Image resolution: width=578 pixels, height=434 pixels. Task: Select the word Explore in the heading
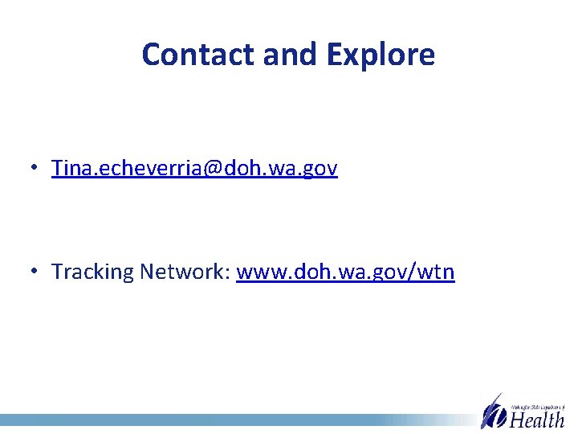[381, 55]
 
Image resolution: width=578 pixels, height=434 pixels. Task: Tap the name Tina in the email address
[69, 168]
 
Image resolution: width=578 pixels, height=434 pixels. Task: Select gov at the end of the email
[320, 169]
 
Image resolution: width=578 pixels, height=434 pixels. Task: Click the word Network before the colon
[184, 272]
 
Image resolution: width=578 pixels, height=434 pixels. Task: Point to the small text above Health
[538, 407]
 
